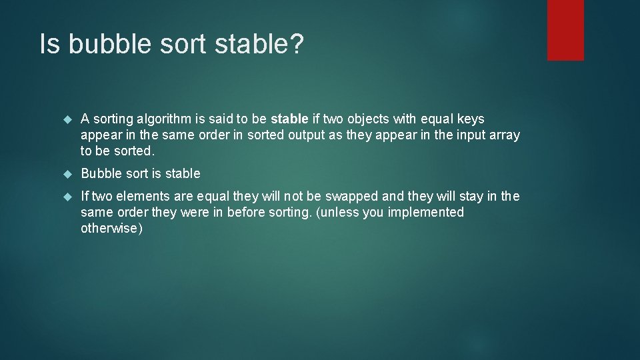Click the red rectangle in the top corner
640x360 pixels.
(565, 30)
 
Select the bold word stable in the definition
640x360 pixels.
(289, 119)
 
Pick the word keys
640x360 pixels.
(470, 119)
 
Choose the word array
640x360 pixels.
(504, 135)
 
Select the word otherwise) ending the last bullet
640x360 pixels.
(111, 228)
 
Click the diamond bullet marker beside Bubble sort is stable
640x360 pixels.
(67, 174)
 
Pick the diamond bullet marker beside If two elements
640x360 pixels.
(67, 197)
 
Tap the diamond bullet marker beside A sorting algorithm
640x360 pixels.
(67, 119)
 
